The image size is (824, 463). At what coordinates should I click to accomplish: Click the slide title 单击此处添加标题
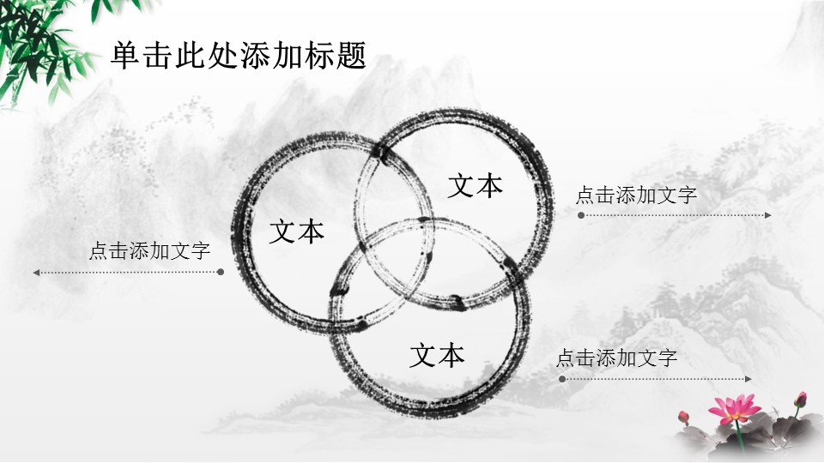pos(239,55)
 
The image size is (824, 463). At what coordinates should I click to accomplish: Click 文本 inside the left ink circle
pos(296,231)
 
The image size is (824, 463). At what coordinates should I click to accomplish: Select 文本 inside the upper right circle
pos(475,186)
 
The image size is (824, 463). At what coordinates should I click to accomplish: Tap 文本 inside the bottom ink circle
pos(437,355)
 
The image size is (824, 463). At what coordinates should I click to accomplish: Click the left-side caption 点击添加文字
pos(149,250)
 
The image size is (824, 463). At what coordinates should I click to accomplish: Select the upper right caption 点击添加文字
pos(636,195)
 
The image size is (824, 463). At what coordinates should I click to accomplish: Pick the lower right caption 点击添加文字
pos(616,358)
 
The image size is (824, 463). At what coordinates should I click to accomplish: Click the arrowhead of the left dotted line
pos(36,273)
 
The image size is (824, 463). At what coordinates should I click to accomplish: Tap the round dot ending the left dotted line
pos(221,272)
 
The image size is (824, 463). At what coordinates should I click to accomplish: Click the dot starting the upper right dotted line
pos(581,215)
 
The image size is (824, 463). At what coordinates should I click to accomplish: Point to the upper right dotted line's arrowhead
pos(768,215)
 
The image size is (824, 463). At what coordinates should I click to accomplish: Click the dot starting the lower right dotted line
pos(562,379)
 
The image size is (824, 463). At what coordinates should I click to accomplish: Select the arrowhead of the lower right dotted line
pos(748,379)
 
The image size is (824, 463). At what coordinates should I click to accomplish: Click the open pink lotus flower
pos(734,408)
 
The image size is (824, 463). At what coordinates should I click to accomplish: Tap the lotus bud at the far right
pos(800,400)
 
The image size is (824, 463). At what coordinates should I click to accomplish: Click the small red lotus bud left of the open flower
pos(684,417)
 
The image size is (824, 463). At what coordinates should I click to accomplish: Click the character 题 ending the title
pos(351,55)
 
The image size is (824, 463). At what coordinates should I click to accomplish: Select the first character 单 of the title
pos(125,55)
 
